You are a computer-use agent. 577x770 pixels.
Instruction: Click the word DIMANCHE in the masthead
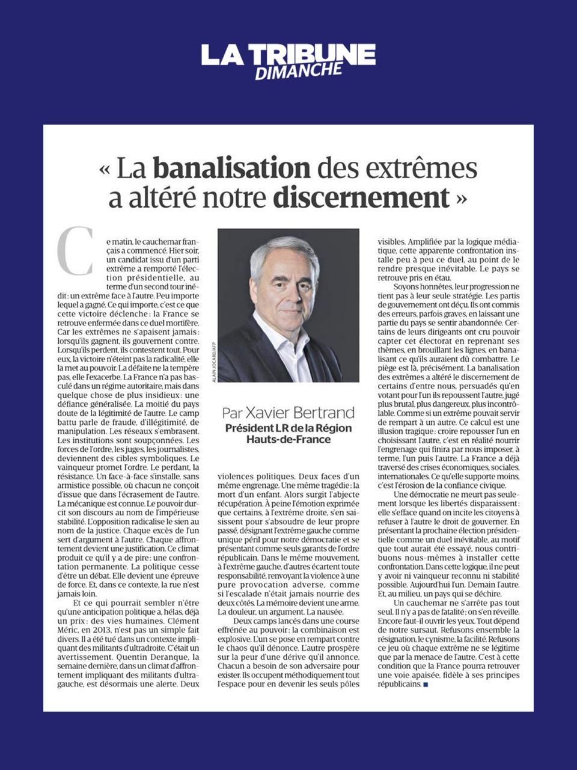tap(299, 71)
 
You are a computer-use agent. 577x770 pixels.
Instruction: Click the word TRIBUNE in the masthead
tap(312, 55)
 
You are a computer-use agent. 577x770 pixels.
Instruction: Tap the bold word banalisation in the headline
tap(232, 168)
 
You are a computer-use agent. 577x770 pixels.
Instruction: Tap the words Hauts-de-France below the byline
tap(288, 439)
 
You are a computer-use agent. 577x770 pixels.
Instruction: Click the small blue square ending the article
tap(426, 685)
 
